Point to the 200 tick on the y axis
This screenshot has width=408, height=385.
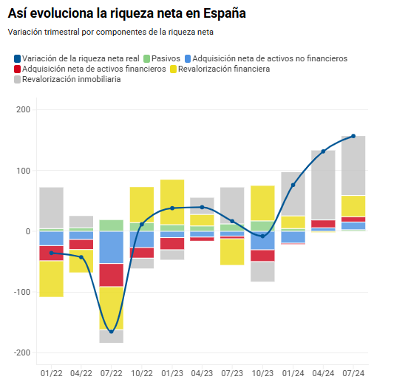tap(22, 110)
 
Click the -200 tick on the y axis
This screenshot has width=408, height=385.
tap(21, 352)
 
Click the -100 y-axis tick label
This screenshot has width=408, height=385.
tap(21, 292)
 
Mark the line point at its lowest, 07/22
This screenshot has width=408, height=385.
tap(112, 331)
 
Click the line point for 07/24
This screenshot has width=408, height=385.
tap(353, 136)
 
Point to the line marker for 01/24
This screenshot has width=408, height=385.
tap(293, 185)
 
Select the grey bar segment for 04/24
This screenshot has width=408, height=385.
tap(323, 185)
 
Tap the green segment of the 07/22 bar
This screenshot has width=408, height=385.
tap(112, 225)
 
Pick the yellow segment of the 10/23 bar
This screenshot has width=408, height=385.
tap(262, 203)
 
